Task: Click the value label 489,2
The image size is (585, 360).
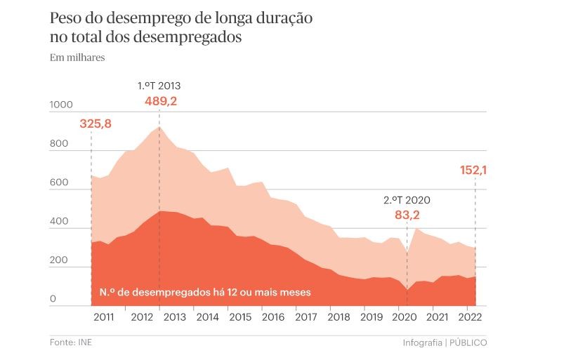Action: (x=161, y=101)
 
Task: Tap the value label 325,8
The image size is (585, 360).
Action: (x=96, y=124)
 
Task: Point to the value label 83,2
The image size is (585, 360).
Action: (x=407, y=215)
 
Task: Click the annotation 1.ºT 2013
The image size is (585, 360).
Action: (x=159, y=86)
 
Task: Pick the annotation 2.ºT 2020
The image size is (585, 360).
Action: (x=407, y=200)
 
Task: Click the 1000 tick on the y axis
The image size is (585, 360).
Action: (x=61, y=105)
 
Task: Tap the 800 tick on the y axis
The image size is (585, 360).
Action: (x=59, y=145)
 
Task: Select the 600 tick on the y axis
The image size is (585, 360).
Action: (x=59, y=183)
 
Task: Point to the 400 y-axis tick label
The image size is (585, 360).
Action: (x=59, y=222)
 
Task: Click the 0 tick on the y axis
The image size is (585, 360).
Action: (x=53, y=300)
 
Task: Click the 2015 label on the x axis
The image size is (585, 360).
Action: (x=240, y=317)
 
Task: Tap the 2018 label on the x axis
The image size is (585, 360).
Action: (x=338, y=317)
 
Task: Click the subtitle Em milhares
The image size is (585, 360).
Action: (x=77, y=58)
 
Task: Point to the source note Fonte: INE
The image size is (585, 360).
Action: (x=70, y=342)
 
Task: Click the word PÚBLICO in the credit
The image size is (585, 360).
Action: (x=468, y=342)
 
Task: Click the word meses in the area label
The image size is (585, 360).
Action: (x=295, y=291)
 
